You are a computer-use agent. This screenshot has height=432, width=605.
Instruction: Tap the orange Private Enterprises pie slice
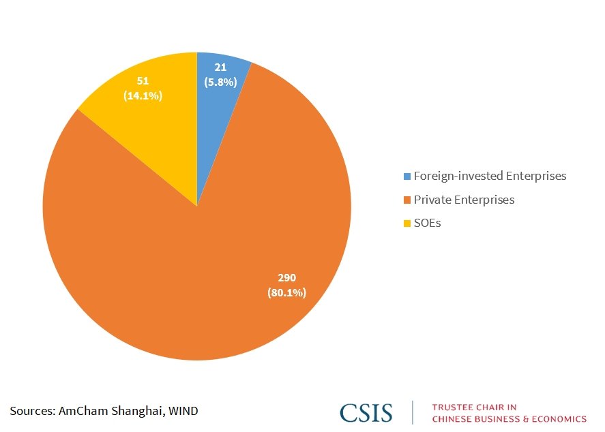click(x=205, y=273)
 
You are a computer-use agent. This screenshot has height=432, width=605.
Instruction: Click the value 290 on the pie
click(x=286, y=278)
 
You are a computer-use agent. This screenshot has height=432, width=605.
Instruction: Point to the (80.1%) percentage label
click(x=286, y=293)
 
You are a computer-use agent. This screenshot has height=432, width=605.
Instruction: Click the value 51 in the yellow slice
click(x=143, y=81)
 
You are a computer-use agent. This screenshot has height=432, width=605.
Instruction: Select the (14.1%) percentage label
click(x=143, y=96)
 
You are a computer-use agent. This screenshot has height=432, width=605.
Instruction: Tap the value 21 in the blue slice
click(x=220, y=67)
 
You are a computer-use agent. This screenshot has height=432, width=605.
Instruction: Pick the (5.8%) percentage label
click(x=220, y=82)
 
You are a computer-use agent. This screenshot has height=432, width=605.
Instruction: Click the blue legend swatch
click(x=407, y=176)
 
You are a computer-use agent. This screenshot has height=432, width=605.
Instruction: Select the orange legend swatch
click(x=407, y=200)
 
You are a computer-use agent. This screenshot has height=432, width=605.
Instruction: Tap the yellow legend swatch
click(x=407, y=223)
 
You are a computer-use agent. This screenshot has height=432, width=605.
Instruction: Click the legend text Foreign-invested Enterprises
click(x=490, y=176)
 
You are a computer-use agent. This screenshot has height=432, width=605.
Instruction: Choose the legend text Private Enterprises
click(x=464, y=200)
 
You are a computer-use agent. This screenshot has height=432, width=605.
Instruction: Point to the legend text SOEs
click(x=427, y=223)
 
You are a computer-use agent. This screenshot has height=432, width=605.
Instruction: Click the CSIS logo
click(x=366, y=412)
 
